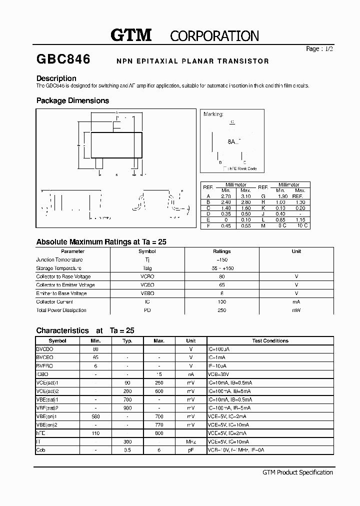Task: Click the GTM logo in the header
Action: click(x=130, y=35)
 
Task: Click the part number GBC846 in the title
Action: click(x=63, y=59)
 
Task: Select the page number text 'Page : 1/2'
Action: click(x=319, y=49)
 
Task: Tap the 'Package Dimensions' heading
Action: click(x=72, y=100)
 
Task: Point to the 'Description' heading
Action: click(x=56, y=78)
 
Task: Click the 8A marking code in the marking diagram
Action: click(x=231, y=141)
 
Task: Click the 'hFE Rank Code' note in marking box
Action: click(x=241, y=168)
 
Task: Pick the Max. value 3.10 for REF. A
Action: click(x=245, y=196)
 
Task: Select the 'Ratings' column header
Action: click(x=222, y=251)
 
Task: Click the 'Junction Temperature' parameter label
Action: click(x=59, y=260)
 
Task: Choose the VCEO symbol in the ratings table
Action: click(x=147, y=285)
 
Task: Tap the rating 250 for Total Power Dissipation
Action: click(x=222, y=310)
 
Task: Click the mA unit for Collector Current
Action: click(x=296, y=302)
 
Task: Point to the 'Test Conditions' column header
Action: click(x=270, y=341)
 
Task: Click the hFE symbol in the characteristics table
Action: click(x=41, y=433)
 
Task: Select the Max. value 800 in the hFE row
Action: click(x=159, y=433)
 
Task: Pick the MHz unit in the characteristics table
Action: click(x=191, y=442)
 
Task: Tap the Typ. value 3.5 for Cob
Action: click(x=127, y=450)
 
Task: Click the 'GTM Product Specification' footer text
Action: click(x=297, y=472)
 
